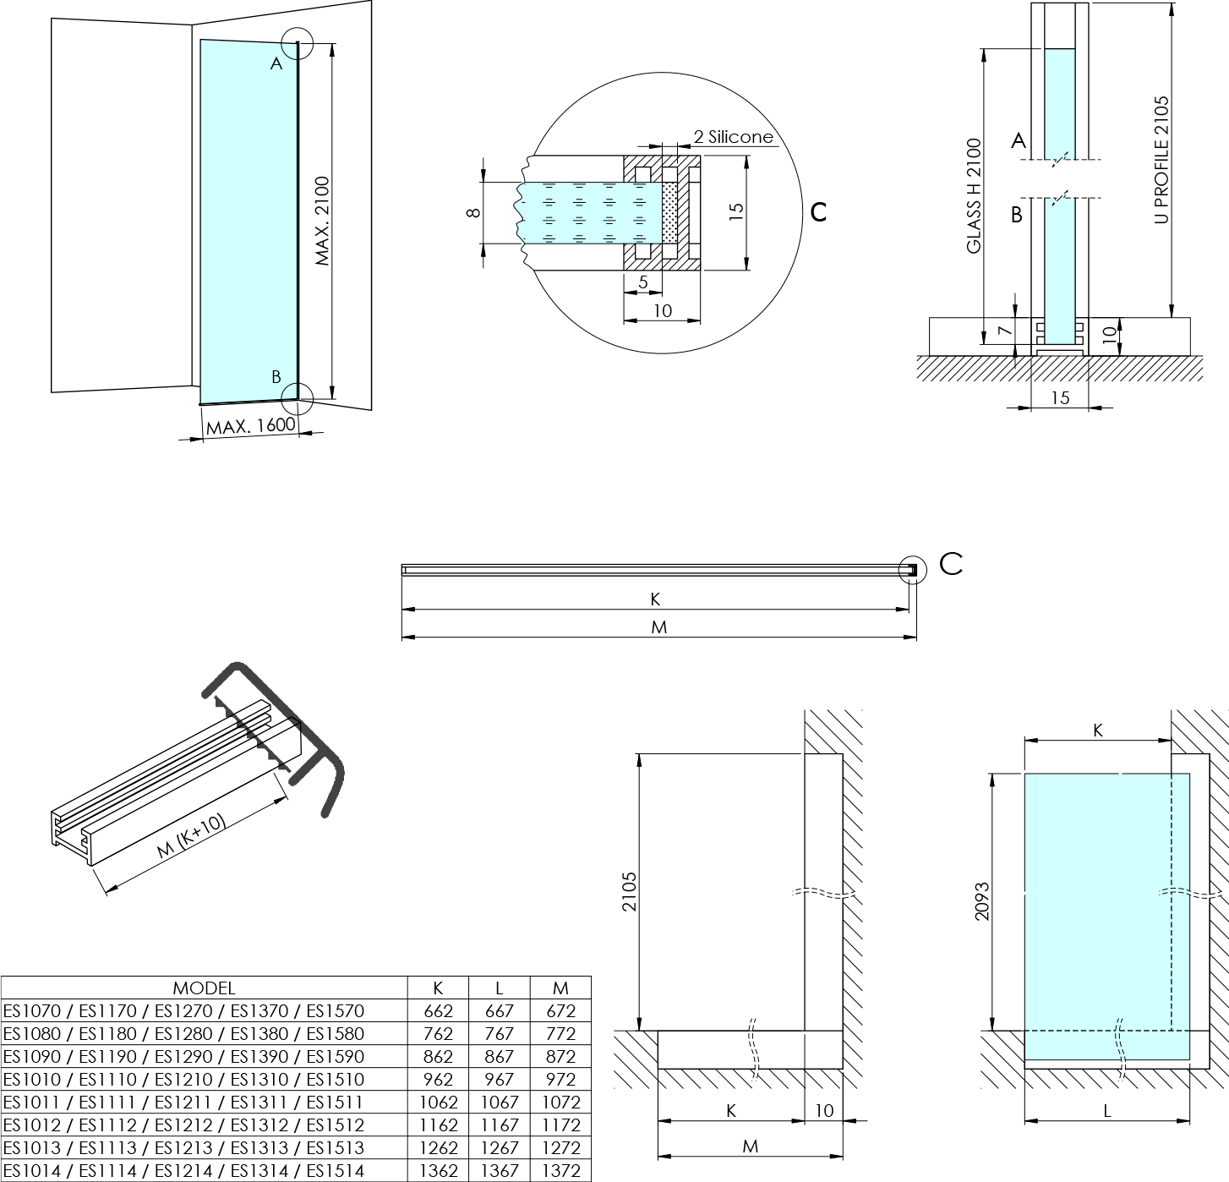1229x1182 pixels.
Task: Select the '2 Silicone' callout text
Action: [733, 137]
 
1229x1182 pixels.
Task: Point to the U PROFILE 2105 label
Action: [1161, 160]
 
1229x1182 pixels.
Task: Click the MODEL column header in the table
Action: [204, 988]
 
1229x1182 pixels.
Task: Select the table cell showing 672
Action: [560, 1010]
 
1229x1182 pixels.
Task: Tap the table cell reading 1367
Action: [500, 1170]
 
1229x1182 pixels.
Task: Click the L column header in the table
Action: [500, 988]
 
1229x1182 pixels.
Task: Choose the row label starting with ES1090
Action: [183, 1056]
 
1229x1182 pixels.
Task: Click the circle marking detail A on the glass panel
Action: [297, 44]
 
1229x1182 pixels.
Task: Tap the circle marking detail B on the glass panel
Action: [297, 395]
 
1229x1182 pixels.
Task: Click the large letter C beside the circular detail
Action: [818, 212]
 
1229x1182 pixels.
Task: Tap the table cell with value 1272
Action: [560, 1147]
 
